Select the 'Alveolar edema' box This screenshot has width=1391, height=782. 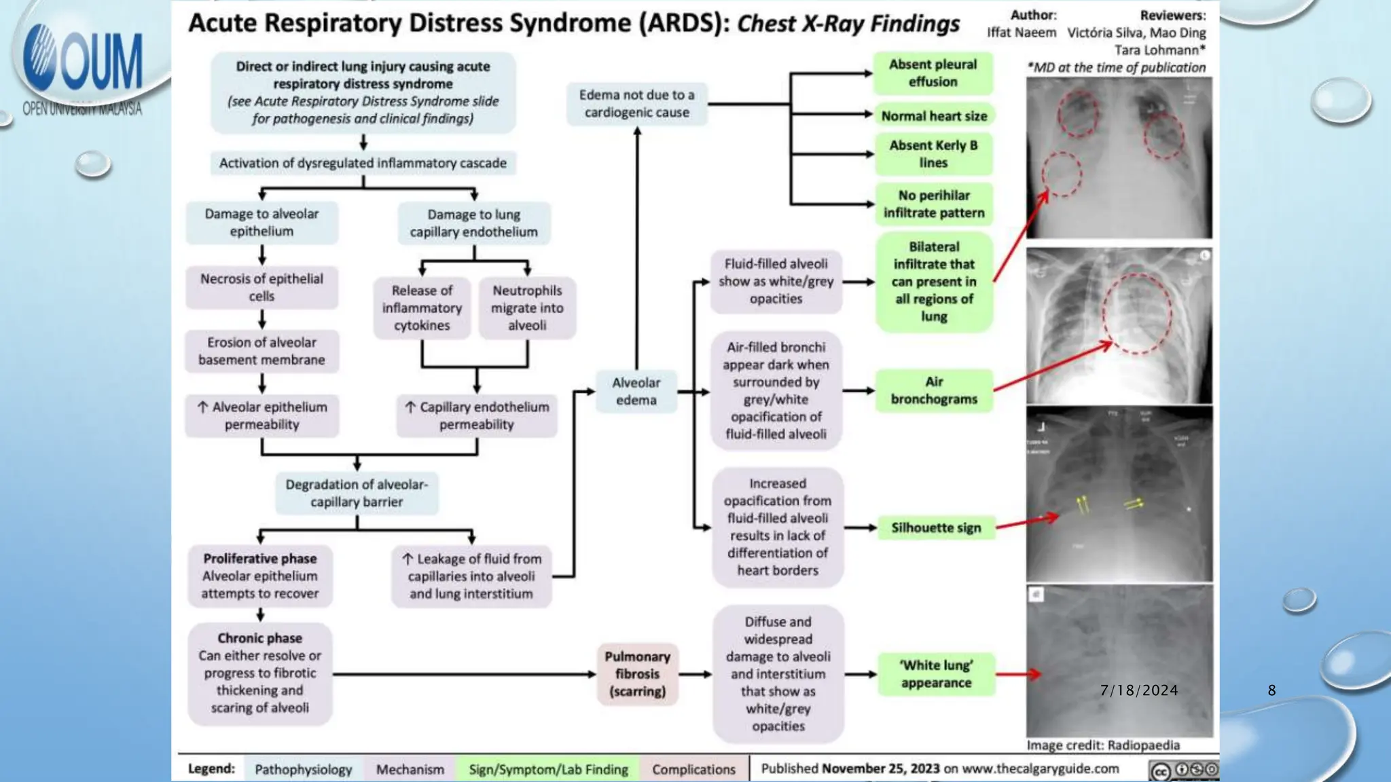(636, 391)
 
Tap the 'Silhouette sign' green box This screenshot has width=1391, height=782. (936, 527)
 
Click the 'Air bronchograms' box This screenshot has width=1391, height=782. (934, 390)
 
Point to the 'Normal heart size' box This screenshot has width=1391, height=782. (934, 115)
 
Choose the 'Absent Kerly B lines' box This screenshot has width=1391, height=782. (933, 153)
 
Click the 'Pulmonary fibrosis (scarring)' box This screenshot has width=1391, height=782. (637, 673)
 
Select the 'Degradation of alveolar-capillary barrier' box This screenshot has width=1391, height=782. (357, 493)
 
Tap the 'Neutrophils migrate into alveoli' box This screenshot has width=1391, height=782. (527, 308)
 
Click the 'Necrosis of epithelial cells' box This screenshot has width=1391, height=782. (261, 287)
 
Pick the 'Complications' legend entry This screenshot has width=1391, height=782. (693, 769)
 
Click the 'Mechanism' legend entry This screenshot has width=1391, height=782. (410, 769)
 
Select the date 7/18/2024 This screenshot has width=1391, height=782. (1139, 690)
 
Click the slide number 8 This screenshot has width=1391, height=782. (1271, 690)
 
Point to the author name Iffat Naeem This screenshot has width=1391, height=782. (1022, 33)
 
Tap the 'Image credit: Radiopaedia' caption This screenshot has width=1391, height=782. (1103, 745)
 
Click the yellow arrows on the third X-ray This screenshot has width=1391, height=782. (1084, 504)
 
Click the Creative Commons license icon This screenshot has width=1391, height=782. (1182, 770)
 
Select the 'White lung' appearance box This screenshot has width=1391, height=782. (936, 674)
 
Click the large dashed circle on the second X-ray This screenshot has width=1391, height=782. (1137, 313)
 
